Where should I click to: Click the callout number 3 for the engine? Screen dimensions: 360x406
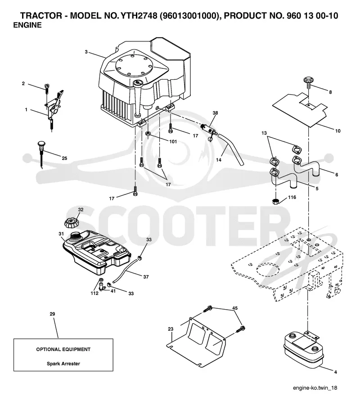[86, 52]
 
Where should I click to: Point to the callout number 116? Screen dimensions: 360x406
[292, 197]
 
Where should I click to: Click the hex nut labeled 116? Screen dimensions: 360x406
[276, 201]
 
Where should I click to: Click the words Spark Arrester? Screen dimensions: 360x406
[63, 364]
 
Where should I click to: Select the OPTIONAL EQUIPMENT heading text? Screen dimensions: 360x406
[63, 349]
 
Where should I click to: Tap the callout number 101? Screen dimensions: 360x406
[173, 142]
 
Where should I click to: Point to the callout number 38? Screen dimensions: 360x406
[216, 113]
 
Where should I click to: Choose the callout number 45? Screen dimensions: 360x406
[235, 308]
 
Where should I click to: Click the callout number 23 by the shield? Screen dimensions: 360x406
[171, 329]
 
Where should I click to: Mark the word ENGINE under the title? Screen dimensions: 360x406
[27, 25]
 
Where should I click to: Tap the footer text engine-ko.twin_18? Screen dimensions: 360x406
[315, 388]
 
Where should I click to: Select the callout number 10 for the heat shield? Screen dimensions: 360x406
[338, 131]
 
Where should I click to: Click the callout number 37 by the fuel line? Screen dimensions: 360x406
[146, 277]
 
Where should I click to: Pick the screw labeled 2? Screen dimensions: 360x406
[47, 89]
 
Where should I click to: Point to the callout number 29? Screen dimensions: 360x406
[52, 314]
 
